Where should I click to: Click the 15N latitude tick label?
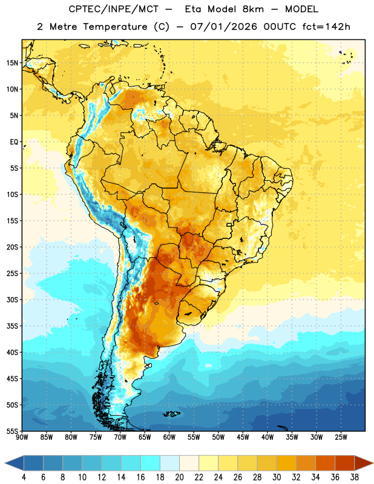click(12, 63)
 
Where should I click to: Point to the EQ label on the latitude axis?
click(14, 142)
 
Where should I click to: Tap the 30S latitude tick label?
click(12, 299)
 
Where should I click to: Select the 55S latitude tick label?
click(12, 431)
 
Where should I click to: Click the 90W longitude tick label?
click(22, 437)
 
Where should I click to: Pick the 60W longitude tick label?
click(169, 437)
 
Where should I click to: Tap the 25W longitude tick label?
click(341, 437)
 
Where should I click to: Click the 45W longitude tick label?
click(243, 437)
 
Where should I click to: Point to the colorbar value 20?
click(179, 477)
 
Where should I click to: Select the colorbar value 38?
click(355, 477)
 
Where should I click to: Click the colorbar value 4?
click(24, 477)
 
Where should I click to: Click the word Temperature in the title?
click(115, 27)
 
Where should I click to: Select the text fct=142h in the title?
click(326, 27)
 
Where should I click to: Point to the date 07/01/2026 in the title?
click(223, 27)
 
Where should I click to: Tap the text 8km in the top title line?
click(253, 9)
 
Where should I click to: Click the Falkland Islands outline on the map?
click(171, 414)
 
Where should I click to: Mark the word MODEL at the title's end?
click(301, 9)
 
